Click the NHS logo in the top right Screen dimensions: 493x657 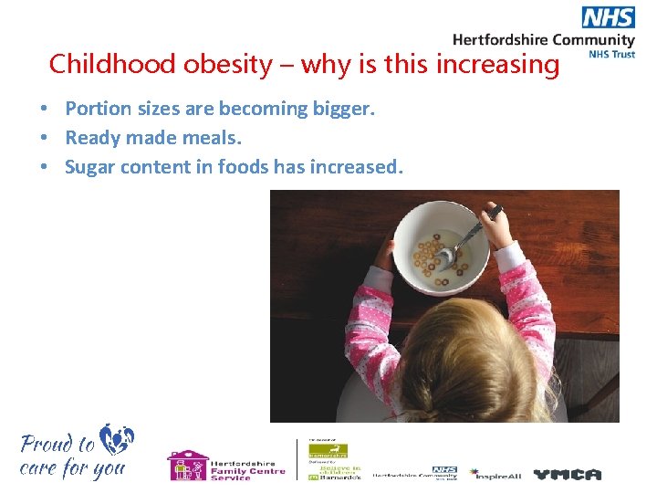pyautogui.click(x=608, y=17)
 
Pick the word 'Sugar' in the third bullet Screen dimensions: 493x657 pyautogui.click(x=89, y=167)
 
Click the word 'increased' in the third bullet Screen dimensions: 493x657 pyautogui.click(x=356, y=167)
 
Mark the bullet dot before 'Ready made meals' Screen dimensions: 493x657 pyautogui.click(x=43, y=138)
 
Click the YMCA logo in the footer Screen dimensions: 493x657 pyautogui.click(x=568, y=474)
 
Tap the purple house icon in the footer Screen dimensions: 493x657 pyautogui.click(x=186, y=465)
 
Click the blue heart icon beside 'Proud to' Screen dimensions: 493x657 pyautogui.click(x=118, y=439)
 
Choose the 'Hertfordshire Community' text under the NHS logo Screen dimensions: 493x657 pyautogui.click(x=544, y=39)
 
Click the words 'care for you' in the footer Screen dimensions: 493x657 pyautogui.click(x=72, y=469)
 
